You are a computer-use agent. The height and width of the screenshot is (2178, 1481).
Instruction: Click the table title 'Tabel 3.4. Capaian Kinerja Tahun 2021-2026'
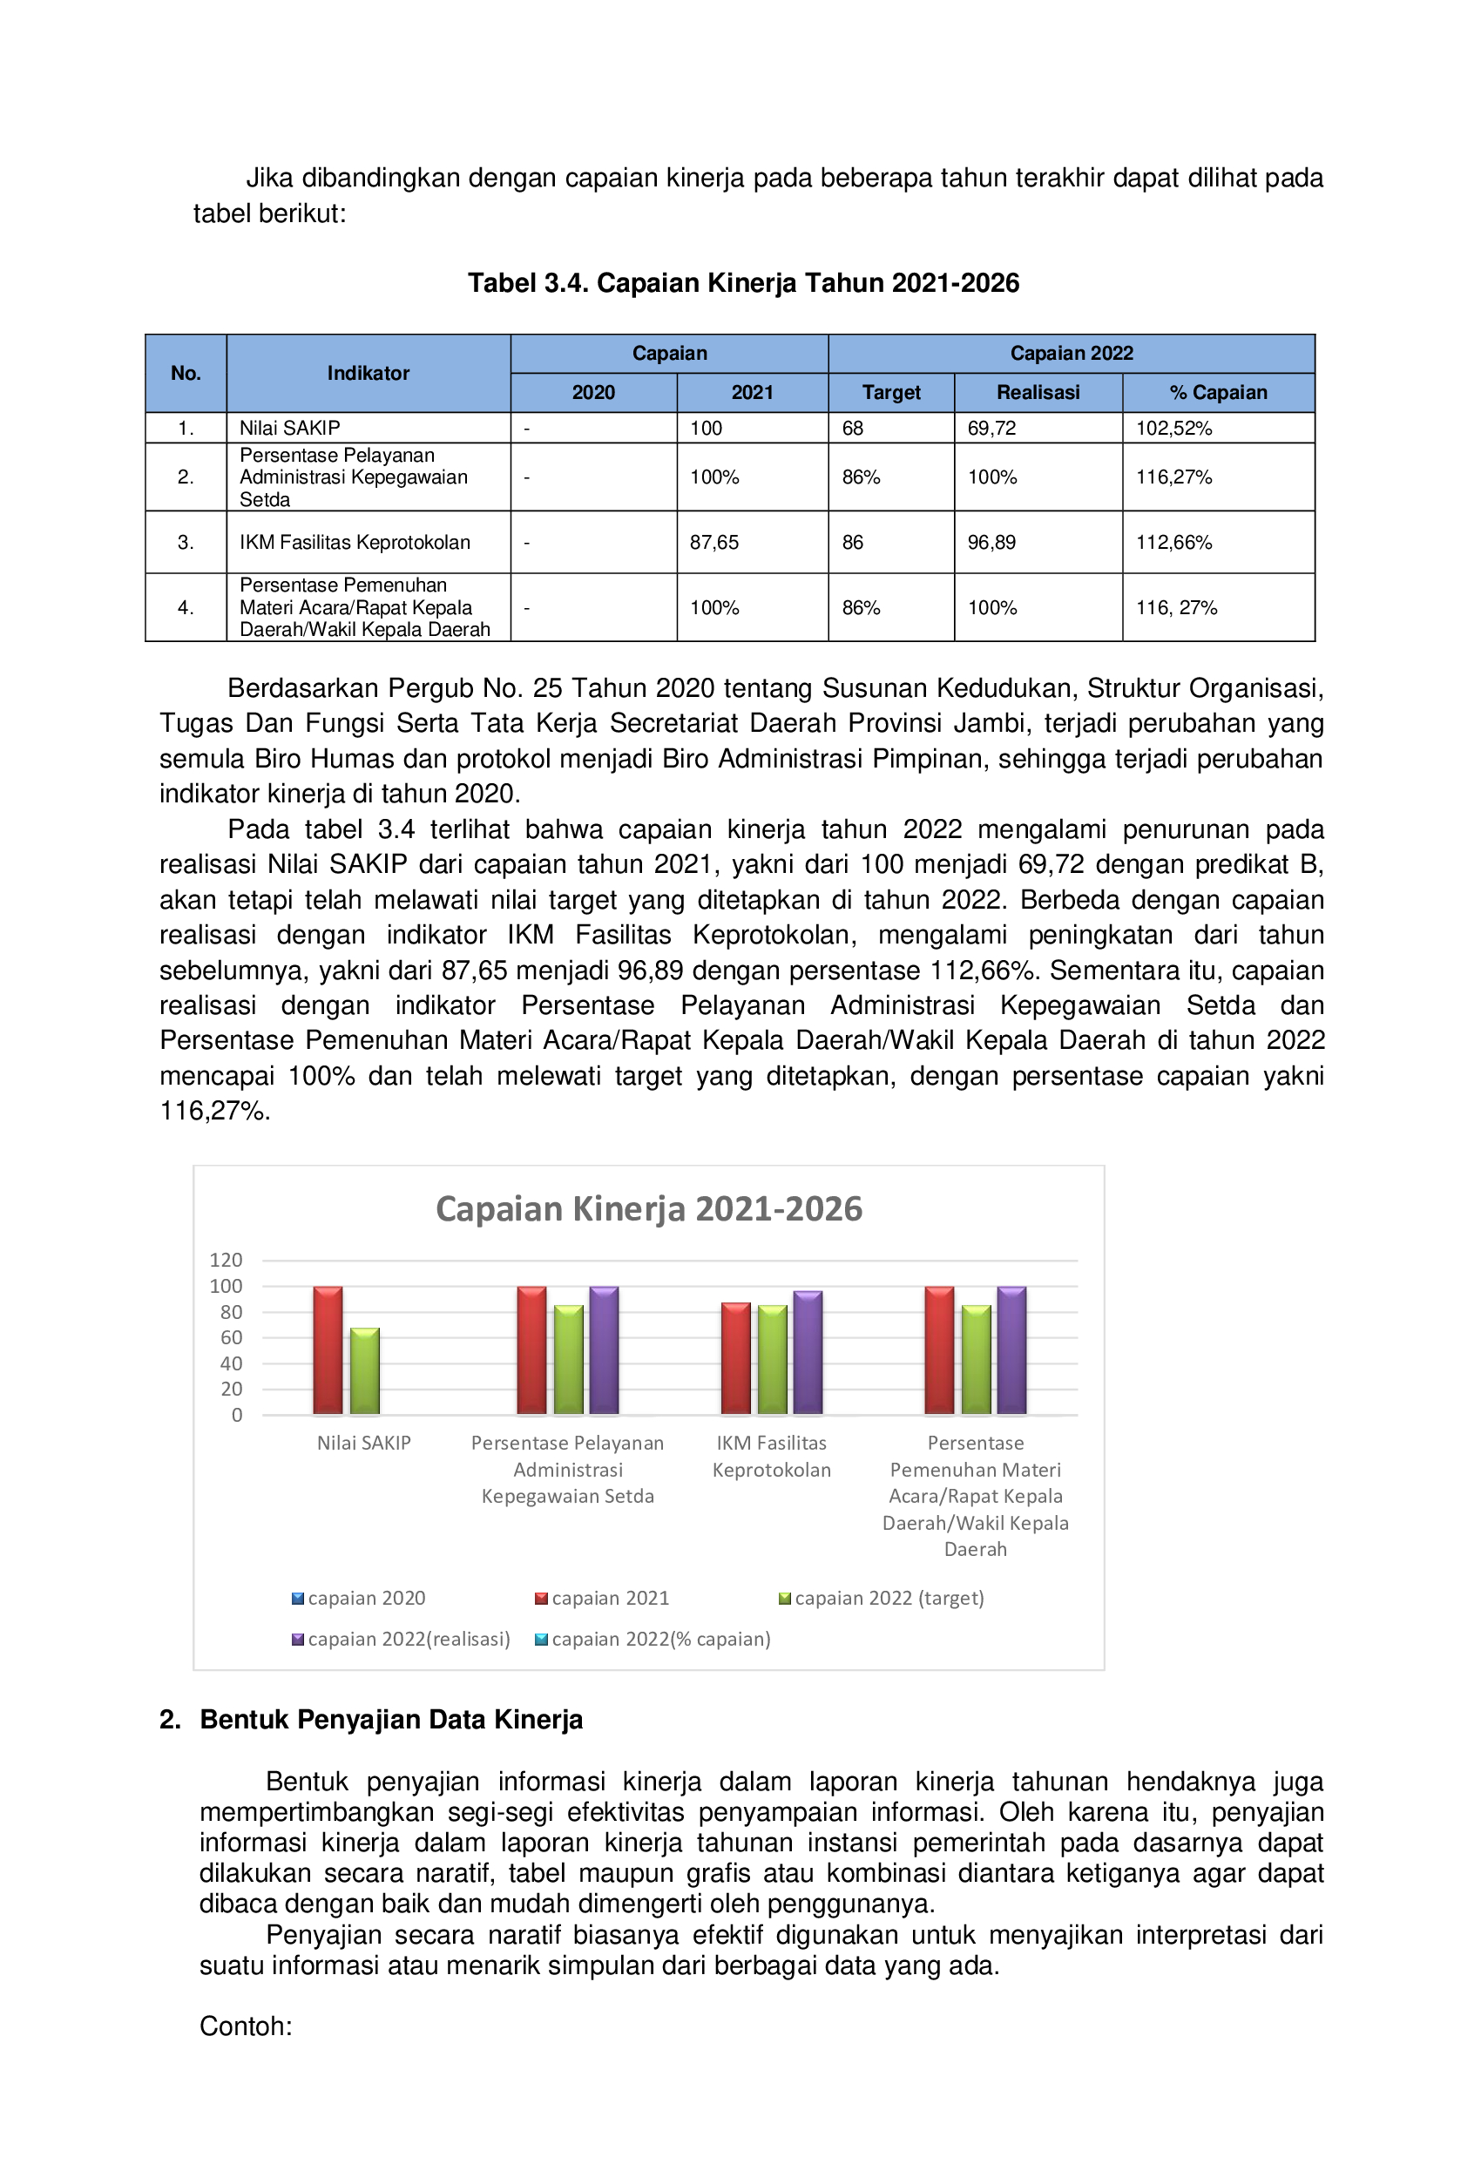click(x=742, y=283)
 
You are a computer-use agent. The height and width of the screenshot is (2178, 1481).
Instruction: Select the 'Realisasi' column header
click(x=1037, y=393)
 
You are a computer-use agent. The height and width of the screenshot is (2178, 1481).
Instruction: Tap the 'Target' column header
click(x=890, y=393)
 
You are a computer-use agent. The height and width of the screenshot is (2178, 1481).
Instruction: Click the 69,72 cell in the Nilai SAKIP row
click(x=991, y=429)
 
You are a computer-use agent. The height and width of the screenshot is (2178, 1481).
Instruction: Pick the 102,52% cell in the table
click(x=1173, y=429)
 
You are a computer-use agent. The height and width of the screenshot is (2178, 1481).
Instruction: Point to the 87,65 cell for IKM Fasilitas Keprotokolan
click(x=714, y=543)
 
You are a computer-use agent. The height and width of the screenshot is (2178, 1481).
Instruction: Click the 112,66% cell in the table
click(x=1173, y=543)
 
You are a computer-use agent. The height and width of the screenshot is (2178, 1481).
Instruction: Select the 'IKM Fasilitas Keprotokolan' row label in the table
click(x=355, y=543)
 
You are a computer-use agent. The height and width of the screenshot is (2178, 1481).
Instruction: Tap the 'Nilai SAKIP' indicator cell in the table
click(x=289, y=429)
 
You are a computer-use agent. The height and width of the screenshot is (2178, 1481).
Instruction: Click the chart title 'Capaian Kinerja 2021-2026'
click(x=649, y=1209)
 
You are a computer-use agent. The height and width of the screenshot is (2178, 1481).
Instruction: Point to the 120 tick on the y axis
click(x=226, y=1261)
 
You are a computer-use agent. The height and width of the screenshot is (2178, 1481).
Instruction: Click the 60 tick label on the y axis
click(x=231, y=1337)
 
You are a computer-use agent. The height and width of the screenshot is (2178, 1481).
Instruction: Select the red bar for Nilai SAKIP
click(x=328, y=1349)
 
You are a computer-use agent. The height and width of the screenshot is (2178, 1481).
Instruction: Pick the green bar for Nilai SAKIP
click(x=365, y=1370)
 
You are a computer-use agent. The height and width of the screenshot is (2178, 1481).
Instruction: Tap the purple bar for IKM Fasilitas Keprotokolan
click(x=808, y=1352)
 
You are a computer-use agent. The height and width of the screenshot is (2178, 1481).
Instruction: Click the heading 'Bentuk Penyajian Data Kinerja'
click(x=391, y=1720)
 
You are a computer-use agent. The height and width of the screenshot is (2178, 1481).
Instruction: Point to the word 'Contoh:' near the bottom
click(x=246, y=2026)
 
